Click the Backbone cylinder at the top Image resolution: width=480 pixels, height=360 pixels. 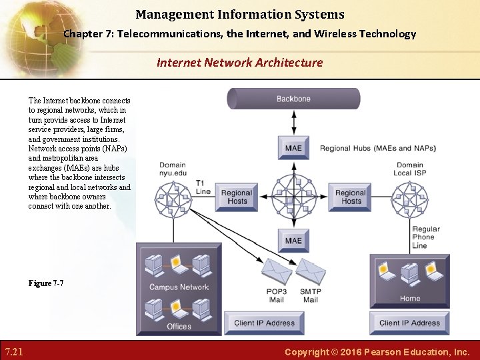tap(293, 99)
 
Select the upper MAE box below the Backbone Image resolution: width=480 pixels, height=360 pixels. tap(293, 148)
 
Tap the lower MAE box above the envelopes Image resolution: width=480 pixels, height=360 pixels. tap(293, 241)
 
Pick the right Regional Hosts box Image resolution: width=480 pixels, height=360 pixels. tap(351, 197)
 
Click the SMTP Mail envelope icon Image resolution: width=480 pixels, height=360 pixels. tap(311, 271)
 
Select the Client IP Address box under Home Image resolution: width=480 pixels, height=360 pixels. tap(409, 323)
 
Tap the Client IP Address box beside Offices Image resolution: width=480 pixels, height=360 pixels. tap(264, 323)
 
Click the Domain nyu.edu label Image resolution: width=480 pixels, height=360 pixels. tap(172, 169)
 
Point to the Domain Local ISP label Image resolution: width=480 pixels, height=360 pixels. tap(411, 169)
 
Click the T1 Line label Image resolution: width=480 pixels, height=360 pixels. tap(203, 187)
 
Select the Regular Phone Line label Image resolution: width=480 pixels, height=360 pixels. tap(426, 237)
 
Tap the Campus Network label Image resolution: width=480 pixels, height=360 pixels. tap(179, 287)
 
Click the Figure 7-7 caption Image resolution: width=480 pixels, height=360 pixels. tap(46, 283)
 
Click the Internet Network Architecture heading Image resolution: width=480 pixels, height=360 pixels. tap(239, 63)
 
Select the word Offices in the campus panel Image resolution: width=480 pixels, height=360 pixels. tap(179, 327)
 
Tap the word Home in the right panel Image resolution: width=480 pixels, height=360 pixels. tap(410, 298)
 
